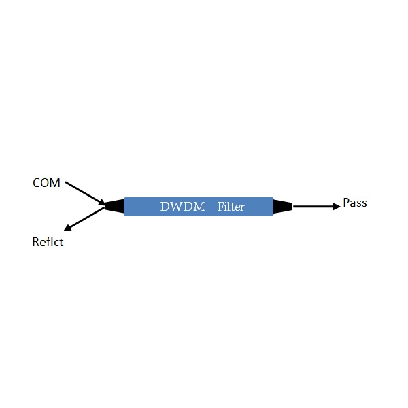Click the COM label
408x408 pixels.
pyautogui.click(x=46, y=183)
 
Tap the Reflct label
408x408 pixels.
pyautogui.click(x=48, y=241)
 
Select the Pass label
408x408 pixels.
pyautogui.click(x=355, y=203)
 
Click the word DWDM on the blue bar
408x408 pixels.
pyautogui.click(x=182, y=207)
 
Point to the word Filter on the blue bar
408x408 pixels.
pyautogui.click(x=231, y=207)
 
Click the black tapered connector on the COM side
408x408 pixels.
pyautogui.click(x=114, y=206)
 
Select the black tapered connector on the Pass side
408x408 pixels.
pyautogui.click(x=283, y=207)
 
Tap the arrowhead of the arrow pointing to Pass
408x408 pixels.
pyautogui.click(x=337, y=207)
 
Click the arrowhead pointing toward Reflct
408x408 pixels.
pyautogui.click(x=67, y=228)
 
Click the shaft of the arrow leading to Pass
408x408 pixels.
pyautogui.click(x=313, y=207)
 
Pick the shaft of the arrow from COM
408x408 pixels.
pyautogui.click(x=82, y=192)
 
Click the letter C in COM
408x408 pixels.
pyautogui.click(x=36, y=183)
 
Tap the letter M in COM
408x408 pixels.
pyautogui.click(x=55, y=183)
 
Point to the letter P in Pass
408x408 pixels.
pyautogui.click(x=346, y=203)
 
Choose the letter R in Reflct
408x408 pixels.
pyautogui.click(x=35, y=241)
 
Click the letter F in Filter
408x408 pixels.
pyautogui.click(x=220, y=206)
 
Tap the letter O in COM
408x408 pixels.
pyautogui.click(x=45, y=183)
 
